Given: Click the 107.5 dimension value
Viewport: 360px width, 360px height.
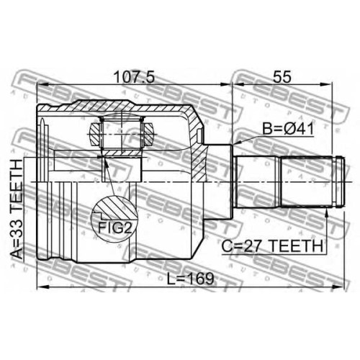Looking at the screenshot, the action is (x=134, y=77).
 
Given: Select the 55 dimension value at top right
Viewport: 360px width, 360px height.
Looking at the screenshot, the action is (x=282, y=77).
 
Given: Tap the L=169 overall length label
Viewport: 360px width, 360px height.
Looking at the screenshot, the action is (x=190, y=279).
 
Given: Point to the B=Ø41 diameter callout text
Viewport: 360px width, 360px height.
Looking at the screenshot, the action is (x=287, y=129).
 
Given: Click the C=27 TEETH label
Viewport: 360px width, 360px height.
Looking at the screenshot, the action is (x=272, y=246).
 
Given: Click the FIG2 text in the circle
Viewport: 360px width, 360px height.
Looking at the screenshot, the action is (x=115, y=228).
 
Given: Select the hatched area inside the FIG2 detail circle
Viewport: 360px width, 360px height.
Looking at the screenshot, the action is (x=120, y=207).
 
